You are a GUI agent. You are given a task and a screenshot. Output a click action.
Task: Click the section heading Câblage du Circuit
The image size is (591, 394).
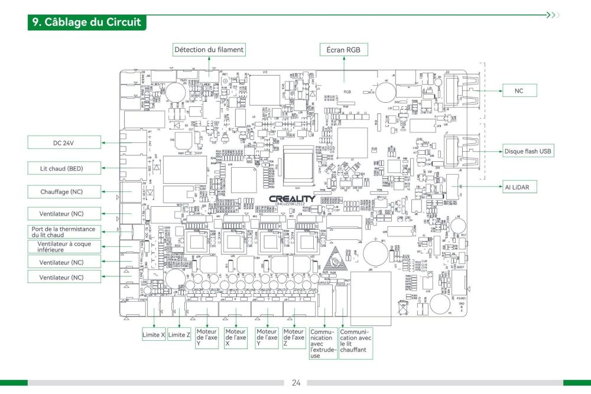87,22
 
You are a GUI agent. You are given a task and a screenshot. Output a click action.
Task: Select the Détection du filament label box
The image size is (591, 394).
209,50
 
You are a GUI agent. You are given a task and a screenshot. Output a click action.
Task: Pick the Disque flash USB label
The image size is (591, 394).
528,151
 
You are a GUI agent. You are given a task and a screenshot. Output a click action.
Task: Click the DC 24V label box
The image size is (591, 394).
64,142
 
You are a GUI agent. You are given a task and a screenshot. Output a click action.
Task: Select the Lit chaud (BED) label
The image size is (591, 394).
64,168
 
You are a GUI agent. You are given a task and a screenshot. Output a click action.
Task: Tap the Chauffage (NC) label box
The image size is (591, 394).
64,191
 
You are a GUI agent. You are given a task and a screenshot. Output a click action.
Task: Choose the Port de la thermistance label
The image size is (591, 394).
64,232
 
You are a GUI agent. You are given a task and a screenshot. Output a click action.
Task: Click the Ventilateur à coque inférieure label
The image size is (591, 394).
64,246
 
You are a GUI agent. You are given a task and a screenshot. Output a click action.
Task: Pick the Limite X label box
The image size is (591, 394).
153,335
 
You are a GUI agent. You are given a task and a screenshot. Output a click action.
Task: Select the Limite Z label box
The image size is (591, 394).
180,335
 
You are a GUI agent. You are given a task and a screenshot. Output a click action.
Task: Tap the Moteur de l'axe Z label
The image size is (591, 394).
294,338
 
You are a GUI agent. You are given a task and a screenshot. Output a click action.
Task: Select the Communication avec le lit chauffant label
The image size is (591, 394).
356,341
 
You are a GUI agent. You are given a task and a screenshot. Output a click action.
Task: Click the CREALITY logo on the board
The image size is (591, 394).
292,199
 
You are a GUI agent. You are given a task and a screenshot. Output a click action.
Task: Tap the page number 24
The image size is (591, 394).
295,383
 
